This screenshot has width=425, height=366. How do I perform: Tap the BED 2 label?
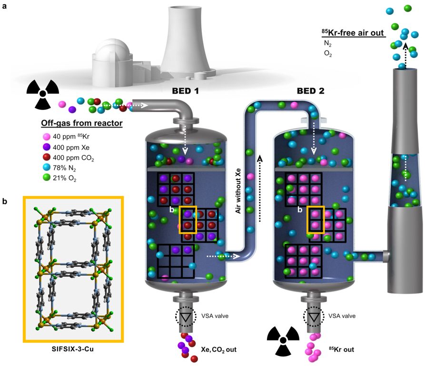pos(311,90)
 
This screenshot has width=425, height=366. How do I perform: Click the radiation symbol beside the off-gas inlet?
pos(42,90)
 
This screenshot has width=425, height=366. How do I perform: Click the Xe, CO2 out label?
pos(220,350)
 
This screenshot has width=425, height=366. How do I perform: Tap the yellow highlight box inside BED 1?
pos(188,221)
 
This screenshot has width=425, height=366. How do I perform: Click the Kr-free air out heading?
pos(353,33)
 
